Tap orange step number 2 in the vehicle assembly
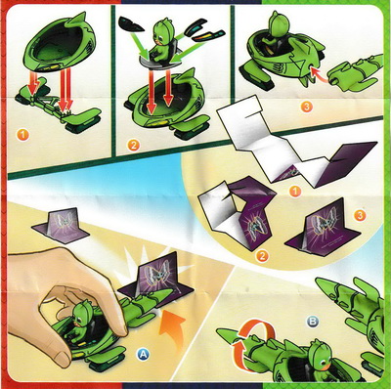133,145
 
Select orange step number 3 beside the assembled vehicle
306,107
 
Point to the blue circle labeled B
313,322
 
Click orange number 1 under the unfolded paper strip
295,192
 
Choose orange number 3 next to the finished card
360,215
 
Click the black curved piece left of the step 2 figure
131,24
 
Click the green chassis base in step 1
59,106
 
